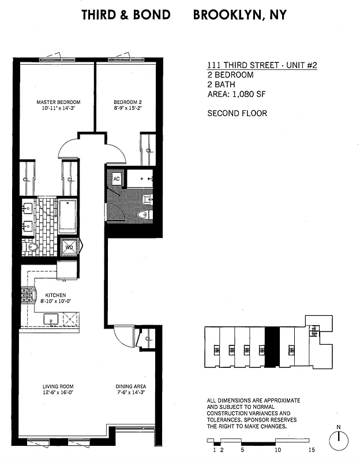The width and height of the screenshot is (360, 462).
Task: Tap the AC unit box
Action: (x=116, y=179)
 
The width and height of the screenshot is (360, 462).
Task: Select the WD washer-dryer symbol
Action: (x=69, y=247)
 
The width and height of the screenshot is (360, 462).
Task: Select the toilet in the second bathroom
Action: (x=142, y=215)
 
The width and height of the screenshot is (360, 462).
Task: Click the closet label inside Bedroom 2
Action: (x=149, y=151)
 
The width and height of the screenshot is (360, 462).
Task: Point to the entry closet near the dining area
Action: (x=148, y=339)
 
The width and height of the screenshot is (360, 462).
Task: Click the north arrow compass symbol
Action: (x=339, y=441)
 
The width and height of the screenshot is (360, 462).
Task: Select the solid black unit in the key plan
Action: (x=272, y=349)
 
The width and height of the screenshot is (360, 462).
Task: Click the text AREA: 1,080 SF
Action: (x=236, y=94)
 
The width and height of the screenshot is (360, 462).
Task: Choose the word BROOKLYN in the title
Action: (x=226, y=15)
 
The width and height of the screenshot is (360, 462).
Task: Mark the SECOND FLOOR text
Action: (x=237, y=113)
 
